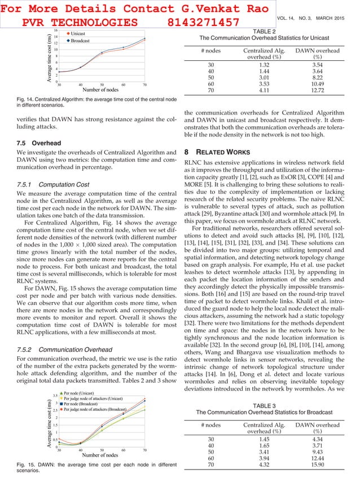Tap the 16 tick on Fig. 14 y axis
[x=55, y=30]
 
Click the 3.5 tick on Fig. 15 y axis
[x=55, y=396]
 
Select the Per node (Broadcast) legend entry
[x=84, y=404]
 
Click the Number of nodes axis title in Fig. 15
[x=101, y=455]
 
